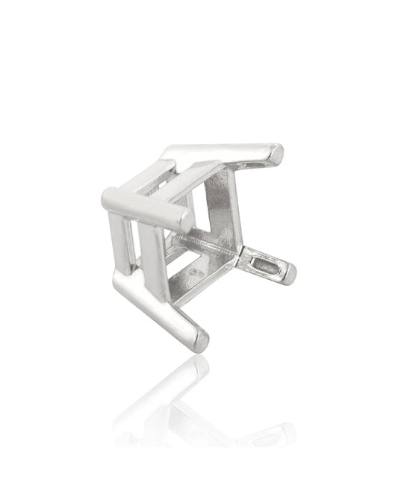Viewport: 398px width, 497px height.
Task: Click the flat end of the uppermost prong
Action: pyautogui.click(x=277, y=154)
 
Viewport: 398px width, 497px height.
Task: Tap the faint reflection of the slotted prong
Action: pyautogui.click(x=269, y=433)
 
